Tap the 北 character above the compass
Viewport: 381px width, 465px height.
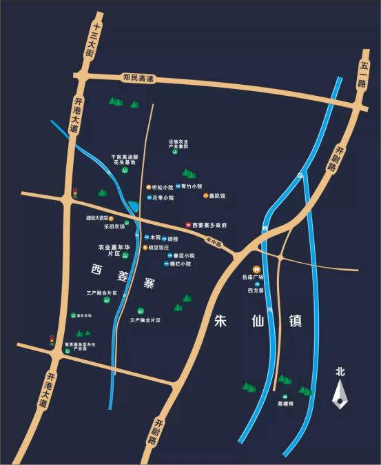point(339,371)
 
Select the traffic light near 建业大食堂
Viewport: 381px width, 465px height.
point(75,194)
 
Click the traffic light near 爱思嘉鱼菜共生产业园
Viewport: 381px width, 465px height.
point(52,340)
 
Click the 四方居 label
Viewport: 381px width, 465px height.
point(256,290)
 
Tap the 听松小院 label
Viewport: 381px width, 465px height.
point(163,187)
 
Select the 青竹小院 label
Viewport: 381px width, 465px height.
point(192,186)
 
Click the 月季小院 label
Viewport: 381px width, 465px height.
point(163,198)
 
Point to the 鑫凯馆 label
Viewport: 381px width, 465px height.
point(218,196)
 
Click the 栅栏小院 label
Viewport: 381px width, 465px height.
point(180,264)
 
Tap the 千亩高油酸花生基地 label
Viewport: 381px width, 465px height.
point(125,159)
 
